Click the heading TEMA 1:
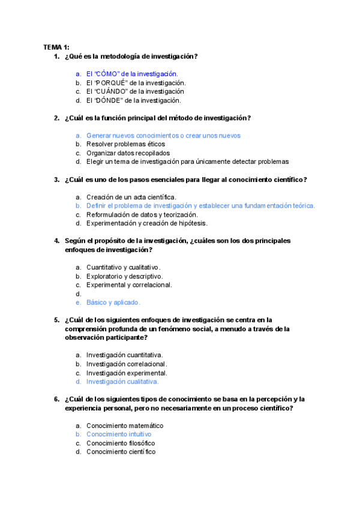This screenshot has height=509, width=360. click(56, 47)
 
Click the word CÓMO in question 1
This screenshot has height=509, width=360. click(107, 74)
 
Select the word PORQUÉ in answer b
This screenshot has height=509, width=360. click(110, 83)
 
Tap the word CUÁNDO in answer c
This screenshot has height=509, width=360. click(110, 91)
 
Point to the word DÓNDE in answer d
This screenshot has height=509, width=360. click(109, 100)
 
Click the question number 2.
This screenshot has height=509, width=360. click(56, 118)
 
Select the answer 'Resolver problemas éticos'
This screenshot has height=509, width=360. click(125, 144)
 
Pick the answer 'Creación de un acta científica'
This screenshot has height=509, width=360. click(131, 197)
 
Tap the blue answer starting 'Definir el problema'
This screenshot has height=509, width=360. click(200, 206)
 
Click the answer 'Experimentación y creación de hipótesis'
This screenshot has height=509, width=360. click(146, 223)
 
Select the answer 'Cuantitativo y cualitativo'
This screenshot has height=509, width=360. click(123, 267)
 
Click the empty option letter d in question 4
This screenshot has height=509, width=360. click(78, 294)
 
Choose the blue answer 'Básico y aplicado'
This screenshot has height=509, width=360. click(113, 303)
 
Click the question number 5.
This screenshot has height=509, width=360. click(56, 320)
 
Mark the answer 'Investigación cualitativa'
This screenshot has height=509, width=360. click(122, 381)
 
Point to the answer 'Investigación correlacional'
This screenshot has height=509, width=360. click(126, 364)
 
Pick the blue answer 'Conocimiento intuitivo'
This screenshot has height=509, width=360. click(119, 434)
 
